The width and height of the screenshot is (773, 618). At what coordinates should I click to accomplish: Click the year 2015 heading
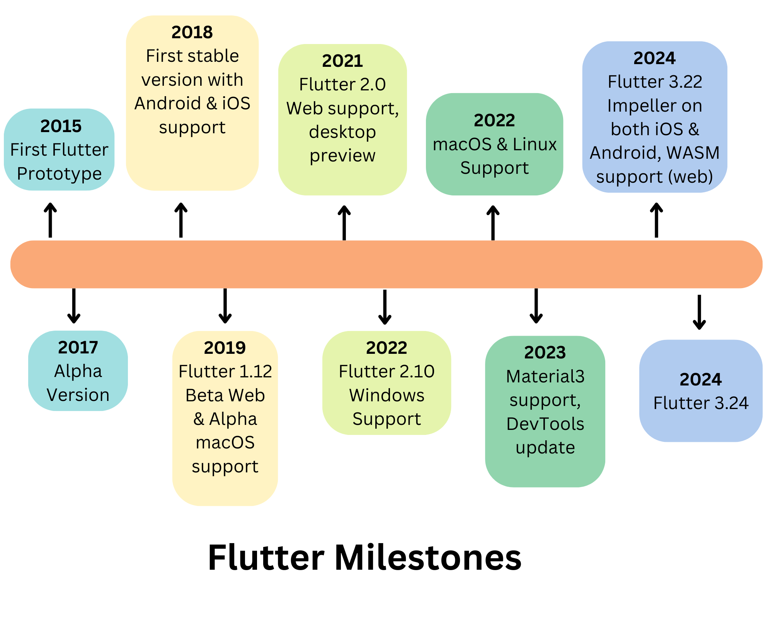[61, 126]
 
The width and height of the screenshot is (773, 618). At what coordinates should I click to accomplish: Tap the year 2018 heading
[192, 32]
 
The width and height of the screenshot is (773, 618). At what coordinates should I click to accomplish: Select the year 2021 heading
[342, 61]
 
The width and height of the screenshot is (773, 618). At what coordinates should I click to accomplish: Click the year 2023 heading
[545, 352]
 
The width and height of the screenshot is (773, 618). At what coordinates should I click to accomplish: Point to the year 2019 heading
[225, 348]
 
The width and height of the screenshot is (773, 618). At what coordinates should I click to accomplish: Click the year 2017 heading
[78, 347]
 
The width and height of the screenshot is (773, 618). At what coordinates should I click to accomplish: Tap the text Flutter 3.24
[701, 403]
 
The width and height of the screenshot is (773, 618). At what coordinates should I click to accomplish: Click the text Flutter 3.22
[655, 82]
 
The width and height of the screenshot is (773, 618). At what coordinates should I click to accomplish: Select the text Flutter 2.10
[386, 372]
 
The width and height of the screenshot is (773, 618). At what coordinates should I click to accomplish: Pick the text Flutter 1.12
[225, 372]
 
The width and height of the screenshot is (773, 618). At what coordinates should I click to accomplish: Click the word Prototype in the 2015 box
[59, 174]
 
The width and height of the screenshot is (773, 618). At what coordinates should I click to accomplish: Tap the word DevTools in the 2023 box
[545, 424]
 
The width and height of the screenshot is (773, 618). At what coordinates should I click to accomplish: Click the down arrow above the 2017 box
[74, 306]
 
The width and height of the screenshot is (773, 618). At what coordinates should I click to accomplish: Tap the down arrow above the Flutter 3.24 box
[699, 312]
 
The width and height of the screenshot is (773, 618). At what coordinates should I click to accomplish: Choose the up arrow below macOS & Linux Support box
[493, 222]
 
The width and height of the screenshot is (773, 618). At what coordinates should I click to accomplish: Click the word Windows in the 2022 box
[386, 396]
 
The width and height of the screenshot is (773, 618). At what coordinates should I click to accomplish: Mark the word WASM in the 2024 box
[693, 153]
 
